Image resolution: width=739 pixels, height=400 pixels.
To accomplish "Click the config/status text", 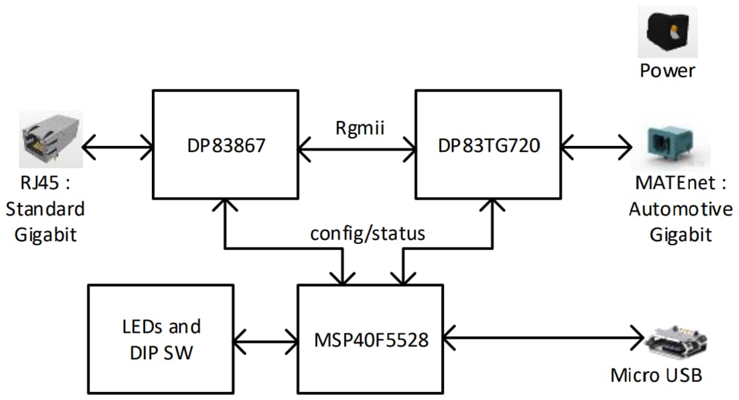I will coord(367,233).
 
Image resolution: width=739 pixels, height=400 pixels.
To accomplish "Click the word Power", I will coord(667,71).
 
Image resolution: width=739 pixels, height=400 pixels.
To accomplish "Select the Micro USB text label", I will coord(656,374).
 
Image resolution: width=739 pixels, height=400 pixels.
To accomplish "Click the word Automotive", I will coord(681,209).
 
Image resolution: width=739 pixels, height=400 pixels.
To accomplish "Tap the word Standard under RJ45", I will coord(45,208).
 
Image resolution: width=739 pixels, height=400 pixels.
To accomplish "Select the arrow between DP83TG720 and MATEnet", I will coord(597,145).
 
